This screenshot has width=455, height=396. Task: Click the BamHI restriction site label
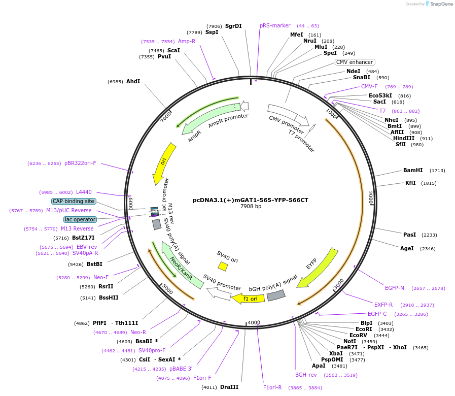coord(412,171)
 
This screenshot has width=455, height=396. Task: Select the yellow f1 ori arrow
coord(248,299)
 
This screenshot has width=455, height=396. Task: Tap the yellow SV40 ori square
coord(223,266)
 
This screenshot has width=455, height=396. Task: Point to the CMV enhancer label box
coord(355,62)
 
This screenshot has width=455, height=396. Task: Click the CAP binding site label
coord(73,201)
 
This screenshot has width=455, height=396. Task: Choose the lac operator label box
coord(80,219)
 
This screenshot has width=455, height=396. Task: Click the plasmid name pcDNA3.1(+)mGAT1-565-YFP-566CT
coord(250,200)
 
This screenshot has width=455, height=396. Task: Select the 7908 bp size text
coord(251,207)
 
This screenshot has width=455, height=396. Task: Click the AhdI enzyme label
coord(133,81)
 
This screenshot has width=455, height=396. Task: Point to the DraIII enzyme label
coord(229,387)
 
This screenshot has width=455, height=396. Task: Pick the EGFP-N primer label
coord(394,288)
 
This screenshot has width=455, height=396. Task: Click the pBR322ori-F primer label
coord(80,163)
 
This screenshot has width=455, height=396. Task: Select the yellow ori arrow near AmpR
coord(164,163)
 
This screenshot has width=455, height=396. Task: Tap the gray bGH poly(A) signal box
coord(276,295)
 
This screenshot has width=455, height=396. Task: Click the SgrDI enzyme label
coord(233,26)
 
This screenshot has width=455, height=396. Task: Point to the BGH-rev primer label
coord(306,375)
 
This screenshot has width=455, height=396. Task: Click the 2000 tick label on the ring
coord(370,197)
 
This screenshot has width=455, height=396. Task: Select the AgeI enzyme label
coord(407,249)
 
